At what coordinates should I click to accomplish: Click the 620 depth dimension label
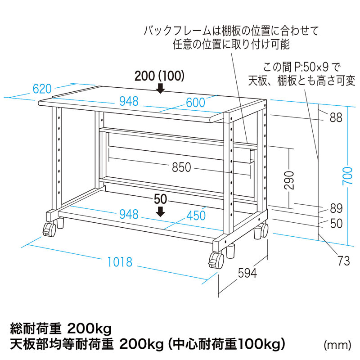(x=42, y=89)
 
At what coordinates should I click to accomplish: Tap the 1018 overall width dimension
(x=120, y=262)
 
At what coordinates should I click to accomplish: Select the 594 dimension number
(x=247, y=273)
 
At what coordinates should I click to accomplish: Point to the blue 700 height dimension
(x=347, y=176)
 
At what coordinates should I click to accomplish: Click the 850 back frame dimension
(x=181, y=167)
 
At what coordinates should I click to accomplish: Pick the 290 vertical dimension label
(x=289, y=180)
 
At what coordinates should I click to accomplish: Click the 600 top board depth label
(x=195, y=103)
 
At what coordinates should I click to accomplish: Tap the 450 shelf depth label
(x=196, y=216)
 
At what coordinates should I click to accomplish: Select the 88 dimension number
(x=336, y=117)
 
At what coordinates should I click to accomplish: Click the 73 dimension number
(x=344, y=261)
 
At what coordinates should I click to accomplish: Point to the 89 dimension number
(x=336, y=208)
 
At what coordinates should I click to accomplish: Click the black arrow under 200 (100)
(x=160, y=88)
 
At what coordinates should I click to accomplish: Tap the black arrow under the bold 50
(x=160, y=211)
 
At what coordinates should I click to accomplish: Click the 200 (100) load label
(x=159, y=76)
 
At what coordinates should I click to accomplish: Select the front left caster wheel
(x=49, y=229)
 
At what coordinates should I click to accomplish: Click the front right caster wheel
(x=216, y=261)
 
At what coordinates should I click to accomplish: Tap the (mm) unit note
(x=337, y=345)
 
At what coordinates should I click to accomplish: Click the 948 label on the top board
(x=129, y=102)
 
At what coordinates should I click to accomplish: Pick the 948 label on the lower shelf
(x=129, y=215)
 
